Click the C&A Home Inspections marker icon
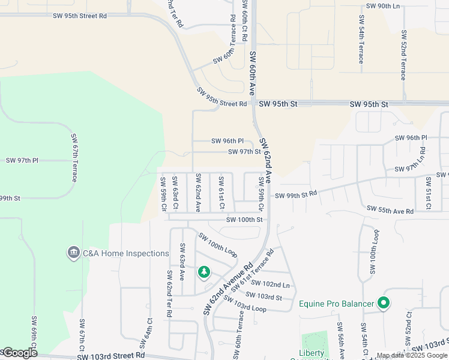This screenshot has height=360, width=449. tap(74, 253)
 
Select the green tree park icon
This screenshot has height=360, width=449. tap(204, 273)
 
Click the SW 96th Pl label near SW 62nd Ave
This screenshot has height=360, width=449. tap(228, 141)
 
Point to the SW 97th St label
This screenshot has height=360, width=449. tap(244, 152)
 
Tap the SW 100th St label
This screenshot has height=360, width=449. tap(244, 220)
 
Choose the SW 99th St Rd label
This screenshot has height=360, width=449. tap(295, 195)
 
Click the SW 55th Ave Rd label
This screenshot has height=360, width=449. tap(390, 211)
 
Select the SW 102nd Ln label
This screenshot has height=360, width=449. tap(270, 284)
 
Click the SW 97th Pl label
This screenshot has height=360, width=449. tap(22, 161)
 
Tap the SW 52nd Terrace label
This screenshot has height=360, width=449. tap(404, 55)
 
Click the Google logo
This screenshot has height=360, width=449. tap(19, 353)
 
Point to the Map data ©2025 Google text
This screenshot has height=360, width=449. tap(411, 356)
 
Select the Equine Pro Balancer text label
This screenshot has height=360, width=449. tap(336, 304)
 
